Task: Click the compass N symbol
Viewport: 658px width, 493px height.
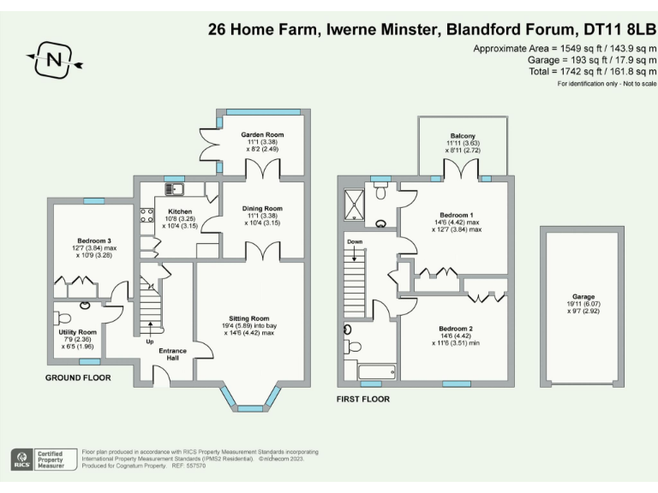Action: pos(54,60)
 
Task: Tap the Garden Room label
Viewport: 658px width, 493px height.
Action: pos(261,134)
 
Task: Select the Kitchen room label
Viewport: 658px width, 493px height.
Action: pos(180,211)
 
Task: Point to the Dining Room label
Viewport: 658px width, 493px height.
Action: pos(261,208)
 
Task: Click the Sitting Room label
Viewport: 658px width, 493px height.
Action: pos(249,318)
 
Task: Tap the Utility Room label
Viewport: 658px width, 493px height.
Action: pos(78,331)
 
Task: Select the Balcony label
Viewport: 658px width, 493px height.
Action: pos(464,136)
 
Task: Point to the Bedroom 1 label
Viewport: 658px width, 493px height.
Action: pos(457,215)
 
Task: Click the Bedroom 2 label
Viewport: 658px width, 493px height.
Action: pos(457,329)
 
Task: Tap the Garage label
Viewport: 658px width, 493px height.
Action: pos(583,296)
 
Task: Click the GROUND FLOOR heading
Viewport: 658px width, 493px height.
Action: pos(78,377)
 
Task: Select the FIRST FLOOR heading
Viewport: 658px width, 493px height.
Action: pos(363,399)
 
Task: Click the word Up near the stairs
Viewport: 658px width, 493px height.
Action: pos(151,340)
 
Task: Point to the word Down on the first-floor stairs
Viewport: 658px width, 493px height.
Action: pos(356,242)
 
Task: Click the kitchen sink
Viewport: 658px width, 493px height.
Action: pos(174,188)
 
